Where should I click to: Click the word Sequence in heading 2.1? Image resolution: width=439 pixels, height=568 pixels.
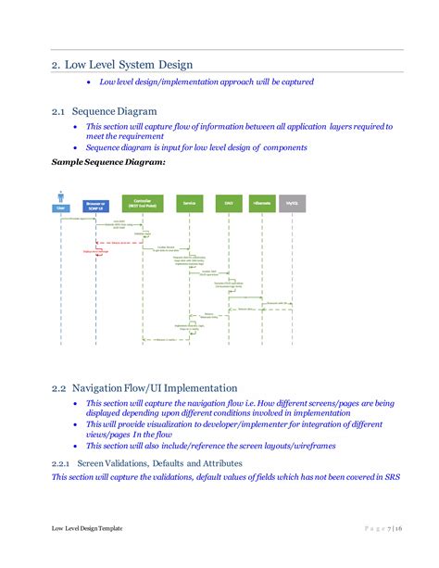(x=103, y=111)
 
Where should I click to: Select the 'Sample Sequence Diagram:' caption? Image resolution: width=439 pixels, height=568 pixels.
(x=108, y=163)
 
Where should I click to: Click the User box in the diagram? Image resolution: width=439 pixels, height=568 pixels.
(x=60, y=208)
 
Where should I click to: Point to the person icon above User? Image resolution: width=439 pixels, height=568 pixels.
(x=60, y=196)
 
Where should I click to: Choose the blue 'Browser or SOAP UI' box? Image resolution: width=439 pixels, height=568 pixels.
(x=95, y=204)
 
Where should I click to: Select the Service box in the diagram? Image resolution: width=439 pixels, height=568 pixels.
(x=189, y=202)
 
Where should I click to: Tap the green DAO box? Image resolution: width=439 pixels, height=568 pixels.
(x=227, y=202)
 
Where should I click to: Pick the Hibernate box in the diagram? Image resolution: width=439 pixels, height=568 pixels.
(x=261, y=202)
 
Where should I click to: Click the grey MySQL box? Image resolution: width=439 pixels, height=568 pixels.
(x=292, y=202)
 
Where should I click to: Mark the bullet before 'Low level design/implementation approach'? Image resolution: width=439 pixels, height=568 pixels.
(x=89, y=82)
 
